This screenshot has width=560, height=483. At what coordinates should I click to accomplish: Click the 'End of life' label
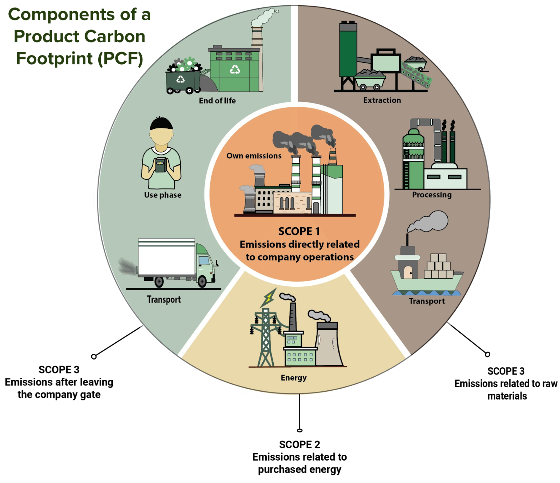coord(217,101)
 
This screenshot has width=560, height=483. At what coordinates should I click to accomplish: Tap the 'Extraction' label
coord(382,100)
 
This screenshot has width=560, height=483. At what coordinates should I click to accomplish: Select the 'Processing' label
coord(432,195)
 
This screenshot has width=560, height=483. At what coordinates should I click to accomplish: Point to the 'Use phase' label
coord(163,195)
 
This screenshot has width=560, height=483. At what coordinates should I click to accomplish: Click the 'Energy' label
coord(294,378)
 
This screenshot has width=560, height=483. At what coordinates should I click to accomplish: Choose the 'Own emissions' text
coord(254,156)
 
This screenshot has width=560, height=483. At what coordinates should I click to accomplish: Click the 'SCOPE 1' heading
coord(299,231)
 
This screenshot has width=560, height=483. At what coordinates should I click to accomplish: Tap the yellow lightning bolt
coord(269,297)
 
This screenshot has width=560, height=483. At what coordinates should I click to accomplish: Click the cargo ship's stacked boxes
coord(439,267)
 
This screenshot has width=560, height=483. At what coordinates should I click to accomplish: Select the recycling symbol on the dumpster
coord(181,79)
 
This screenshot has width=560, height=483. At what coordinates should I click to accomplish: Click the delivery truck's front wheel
coord(202,282)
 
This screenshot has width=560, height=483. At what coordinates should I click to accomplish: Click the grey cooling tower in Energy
coord(329,345)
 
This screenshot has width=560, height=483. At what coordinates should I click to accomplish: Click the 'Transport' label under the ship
coord(427,301)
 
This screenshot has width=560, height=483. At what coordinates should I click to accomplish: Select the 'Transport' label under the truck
coord(164,300)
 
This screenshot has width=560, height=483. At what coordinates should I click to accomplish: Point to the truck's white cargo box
coord(167,257)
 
